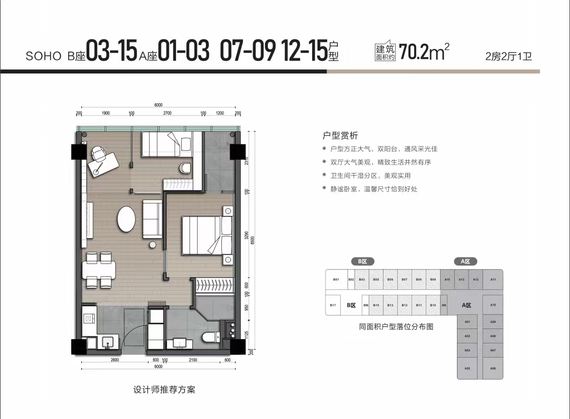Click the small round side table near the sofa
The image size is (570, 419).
click(x=153, y=245)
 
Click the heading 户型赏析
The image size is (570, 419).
click(x=340, y=136)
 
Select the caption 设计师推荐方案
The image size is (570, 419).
click(x=164, y=390)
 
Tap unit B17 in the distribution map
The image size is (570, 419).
click(x=333, y=305)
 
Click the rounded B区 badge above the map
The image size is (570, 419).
click(x=362, y=261)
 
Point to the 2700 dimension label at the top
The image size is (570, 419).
click(x=167, y=113)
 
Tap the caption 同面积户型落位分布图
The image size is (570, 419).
click(x=396, y=327)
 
